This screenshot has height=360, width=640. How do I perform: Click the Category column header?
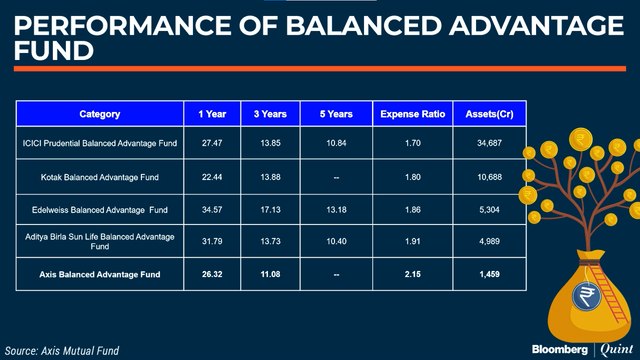click(x=99, y=115)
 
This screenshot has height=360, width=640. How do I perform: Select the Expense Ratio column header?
click(x=412, y=115)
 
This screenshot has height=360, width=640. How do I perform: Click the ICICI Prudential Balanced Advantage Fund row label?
click(x=99, y=144)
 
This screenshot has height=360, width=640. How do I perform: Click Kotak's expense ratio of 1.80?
click(x=412, y=177)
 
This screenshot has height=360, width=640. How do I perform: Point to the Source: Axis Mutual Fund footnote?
click(x=62, y=349)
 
